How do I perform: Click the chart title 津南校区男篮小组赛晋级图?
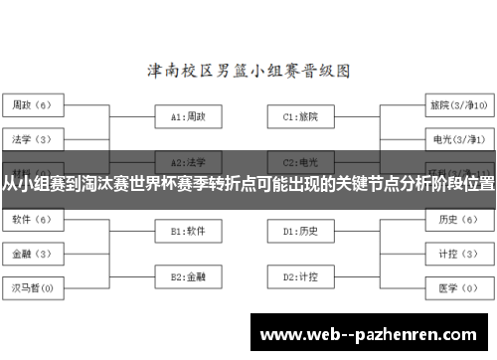click(248, 72)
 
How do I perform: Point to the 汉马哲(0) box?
click(33, 288)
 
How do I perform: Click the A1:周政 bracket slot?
click(188, 116)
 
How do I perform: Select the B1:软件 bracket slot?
click(188, 231)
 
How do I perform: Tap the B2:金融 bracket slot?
click(188, 276)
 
